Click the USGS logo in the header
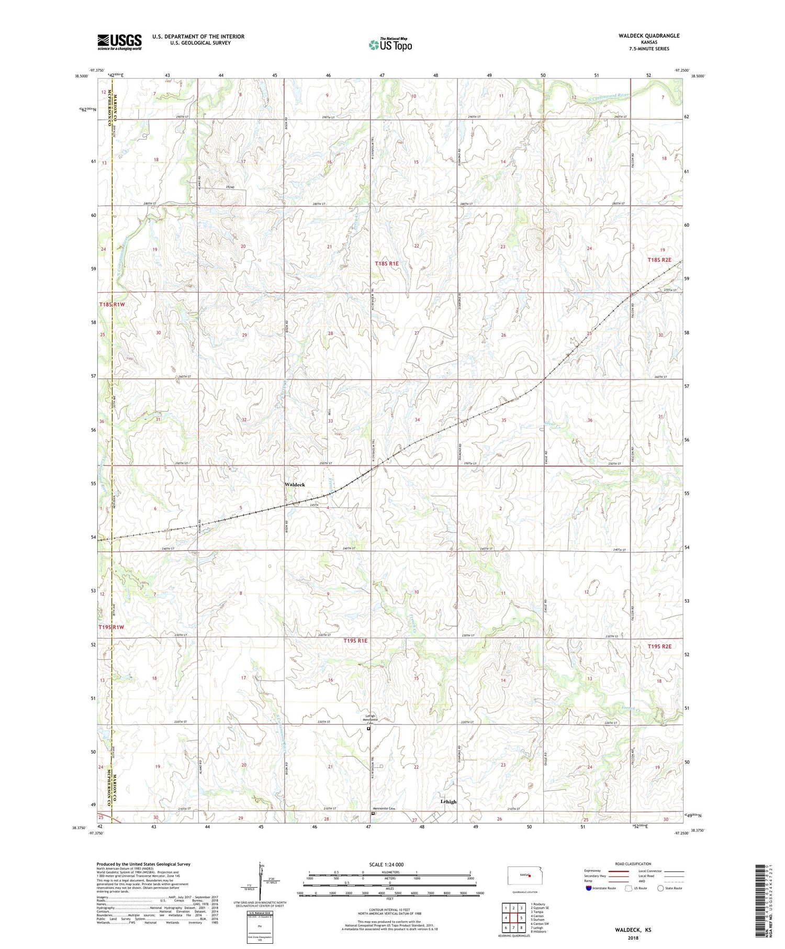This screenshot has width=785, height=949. click(119, 42)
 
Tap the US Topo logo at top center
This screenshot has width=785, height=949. click(390, 45)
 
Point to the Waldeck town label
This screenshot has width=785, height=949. click(295, 485)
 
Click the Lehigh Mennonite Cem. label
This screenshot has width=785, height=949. click(368, 720)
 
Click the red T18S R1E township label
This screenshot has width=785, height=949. click(387, 264)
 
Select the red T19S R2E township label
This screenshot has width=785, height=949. click(659, 646)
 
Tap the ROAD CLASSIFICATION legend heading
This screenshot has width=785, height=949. click(633, 864)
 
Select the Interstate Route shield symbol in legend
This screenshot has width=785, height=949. click(589, 888)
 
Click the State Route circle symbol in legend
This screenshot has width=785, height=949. click(660, 888)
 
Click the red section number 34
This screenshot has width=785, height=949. click(417, 420)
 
